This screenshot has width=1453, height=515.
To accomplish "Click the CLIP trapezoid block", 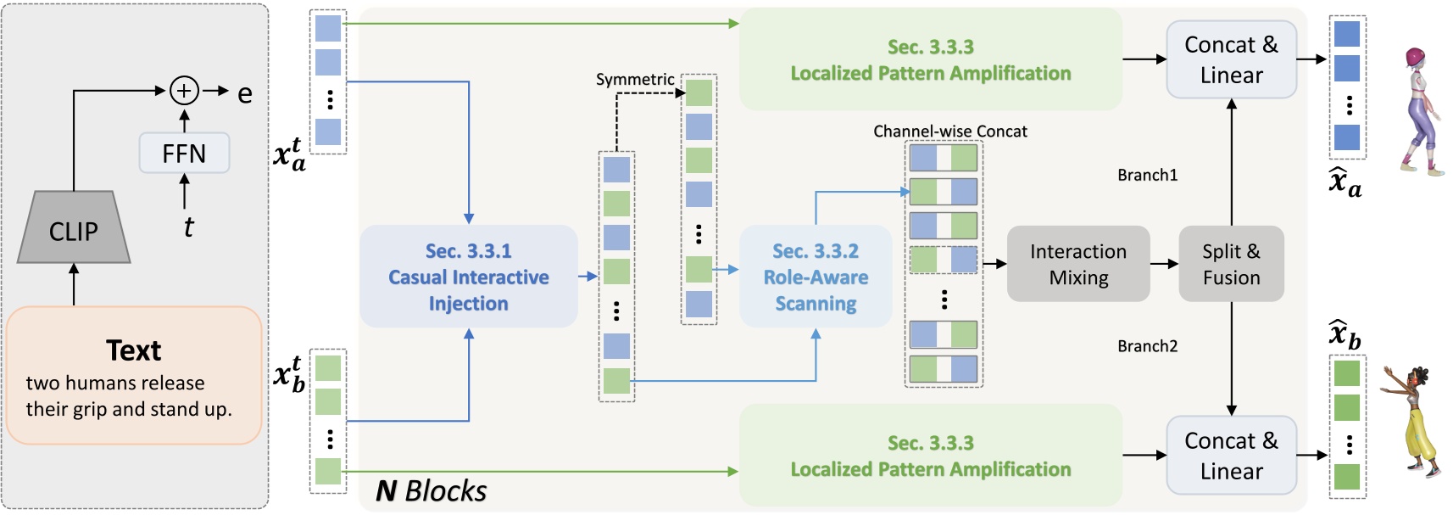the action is pyautogui.click(x=73, y=227).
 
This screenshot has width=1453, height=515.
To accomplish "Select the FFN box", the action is pyautogui.click(x=184, y=154).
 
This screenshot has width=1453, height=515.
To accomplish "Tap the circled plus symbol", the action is pyautogui.click(x=184, y=91).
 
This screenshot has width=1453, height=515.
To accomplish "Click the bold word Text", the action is pyautogui.click(x=134, y=350).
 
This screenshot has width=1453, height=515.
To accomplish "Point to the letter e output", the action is pyautogui.click(x=244, y=94).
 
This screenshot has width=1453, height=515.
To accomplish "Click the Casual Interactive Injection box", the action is pyautogui.click(x=468, y=276).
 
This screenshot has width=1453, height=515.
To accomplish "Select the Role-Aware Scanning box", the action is pyautogui.click(x=816, y=276).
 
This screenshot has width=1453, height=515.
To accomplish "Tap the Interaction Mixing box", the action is pyautogui.click(x=1078, y=264).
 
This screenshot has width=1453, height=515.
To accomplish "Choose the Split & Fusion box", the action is pyautogui.click(x=1231, y=264).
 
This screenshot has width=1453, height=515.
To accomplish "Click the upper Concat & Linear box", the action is pyautogui.click(x=1231, y=59).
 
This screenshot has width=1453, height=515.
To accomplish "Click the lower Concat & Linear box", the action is pyautogui.click(x=1231, y=456).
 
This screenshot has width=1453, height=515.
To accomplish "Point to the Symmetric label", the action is pyautogui.click(x=635, y=80).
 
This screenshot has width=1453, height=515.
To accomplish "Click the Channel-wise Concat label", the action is pyautogui.click(x=950, y=132).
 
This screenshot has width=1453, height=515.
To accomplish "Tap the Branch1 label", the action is pyautogui.click(x=1148, y=175).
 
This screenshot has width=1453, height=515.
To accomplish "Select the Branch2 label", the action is pyautogui.click(x=1148, y=346).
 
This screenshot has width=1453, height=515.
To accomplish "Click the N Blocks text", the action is pyautogui.click(x=431, y=491).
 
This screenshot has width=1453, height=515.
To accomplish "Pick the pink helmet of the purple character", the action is pyautogui.click(x=1416, y=58).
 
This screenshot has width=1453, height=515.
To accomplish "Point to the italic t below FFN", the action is pyautogui.click(x=188, y=227).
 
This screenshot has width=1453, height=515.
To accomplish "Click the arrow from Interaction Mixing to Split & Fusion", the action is pyautogui.click(x=1164, y=264).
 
